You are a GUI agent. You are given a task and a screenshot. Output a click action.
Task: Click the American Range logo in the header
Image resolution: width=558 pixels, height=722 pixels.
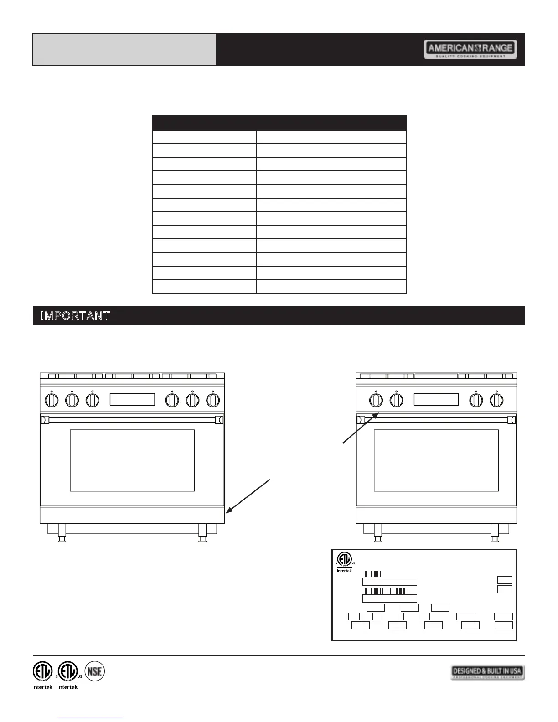pyautogui.click(x=470, y=49)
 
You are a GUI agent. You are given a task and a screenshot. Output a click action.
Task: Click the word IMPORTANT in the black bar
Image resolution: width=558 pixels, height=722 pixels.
pyautogui.click(x=75, y=315)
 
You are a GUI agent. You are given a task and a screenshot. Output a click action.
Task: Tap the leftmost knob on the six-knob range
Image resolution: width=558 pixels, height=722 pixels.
pyautogui.click(x=52, y=400)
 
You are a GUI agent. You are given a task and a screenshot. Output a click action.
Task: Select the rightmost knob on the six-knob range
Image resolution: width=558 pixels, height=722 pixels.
pyautogui.click(x=213, y=400)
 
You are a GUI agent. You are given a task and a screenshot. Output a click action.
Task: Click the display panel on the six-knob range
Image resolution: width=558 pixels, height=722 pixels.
pyautogui.click(x=132, y=399)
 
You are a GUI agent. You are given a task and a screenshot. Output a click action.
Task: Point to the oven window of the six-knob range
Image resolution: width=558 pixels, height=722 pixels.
pyautogui.click(x=132, y=460)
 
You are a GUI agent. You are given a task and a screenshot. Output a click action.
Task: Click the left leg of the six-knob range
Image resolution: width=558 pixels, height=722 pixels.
pyautogui.click(x=62, y=533)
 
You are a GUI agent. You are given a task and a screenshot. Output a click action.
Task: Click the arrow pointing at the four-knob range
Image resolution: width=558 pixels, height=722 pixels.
pyautogui.click(x=360, y=428)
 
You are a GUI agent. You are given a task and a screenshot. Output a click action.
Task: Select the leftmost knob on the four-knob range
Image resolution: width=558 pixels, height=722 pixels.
pyautogui.click(x=376, y=400)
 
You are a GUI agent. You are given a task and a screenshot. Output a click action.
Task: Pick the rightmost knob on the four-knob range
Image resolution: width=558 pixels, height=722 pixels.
pyautogui.click(x=496, y=400)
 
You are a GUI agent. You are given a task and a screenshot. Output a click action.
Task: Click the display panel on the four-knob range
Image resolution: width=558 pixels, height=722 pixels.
pyautogui.click(x=436, y=399)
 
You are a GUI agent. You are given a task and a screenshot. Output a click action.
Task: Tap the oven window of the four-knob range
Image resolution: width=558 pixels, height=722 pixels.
pyautogui.click(x=436, y=460)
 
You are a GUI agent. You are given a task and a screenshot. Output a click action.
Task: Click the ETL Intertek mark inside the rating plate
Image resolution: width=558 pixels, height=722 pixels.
pyautogui.click(x=345, y=562)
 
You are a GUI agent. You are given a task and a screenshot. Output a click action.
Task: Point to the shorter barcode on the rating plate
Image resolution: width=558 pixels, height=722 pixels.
pyautogui.click(x=372, y=574)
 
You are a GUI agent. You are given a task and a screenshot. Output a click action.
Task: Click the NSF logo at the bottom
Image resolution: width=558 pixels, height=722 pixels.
pyautogui.click(x=95, y=671)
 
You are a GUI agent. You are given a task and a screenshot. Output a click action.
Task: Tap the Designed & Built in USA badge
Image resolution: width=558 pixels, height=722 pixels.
pyautogui.click(x=487, y=672)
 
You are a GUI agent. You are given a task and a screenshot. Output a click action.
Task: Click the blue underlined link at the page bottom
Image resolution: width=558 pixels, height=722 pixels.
pyautogui.click(x=91, y=718)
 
